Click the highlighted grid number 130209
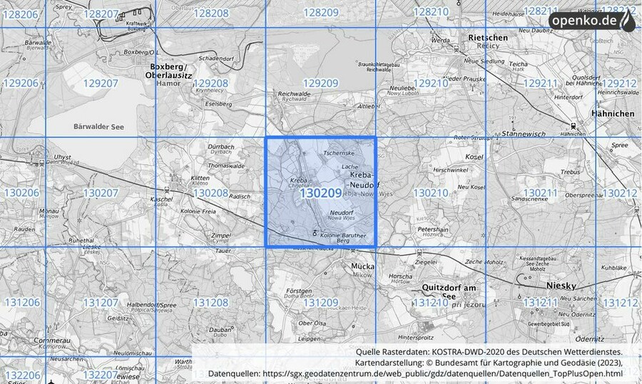(320, 193)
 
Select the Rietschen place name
(487, 37)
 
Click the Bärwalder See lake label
(100, 127)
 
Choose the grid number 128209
(320, 12)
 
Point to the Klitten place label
(178, 177)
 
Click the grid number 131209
(320, 303)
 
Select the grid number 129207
(101, 83)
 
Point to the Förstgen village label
(298, 291)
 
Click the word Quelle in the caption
(370, 352)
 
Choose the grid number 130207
(101, 193)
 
